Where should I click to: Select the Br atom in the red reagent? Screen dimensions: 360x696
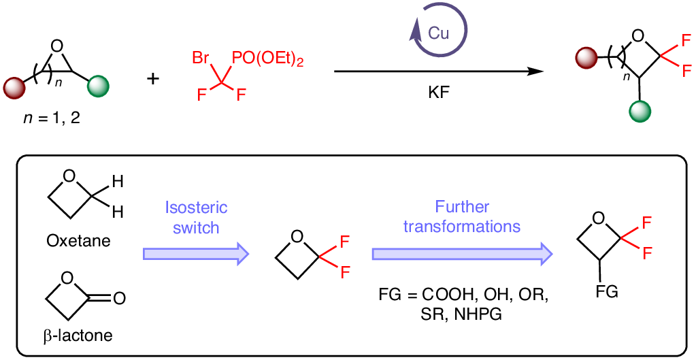(x=201, y=58)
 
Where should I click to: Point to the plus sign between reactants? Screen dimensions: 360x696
(x=154, y=79)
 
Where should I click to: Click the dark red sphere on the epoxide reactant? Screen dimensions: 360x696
(x=14, y=86)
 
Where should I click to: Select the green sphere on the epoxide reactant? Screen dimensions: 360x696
(x=99, y=86)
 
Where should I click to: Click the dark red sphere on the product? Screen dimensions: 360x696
(x=586, y=56)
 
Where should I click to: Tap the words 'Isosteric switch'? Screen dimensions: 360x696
(x=197, y=217)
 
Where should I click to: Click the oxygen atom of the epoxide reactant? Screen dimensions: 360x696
(x=57, y=46)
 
